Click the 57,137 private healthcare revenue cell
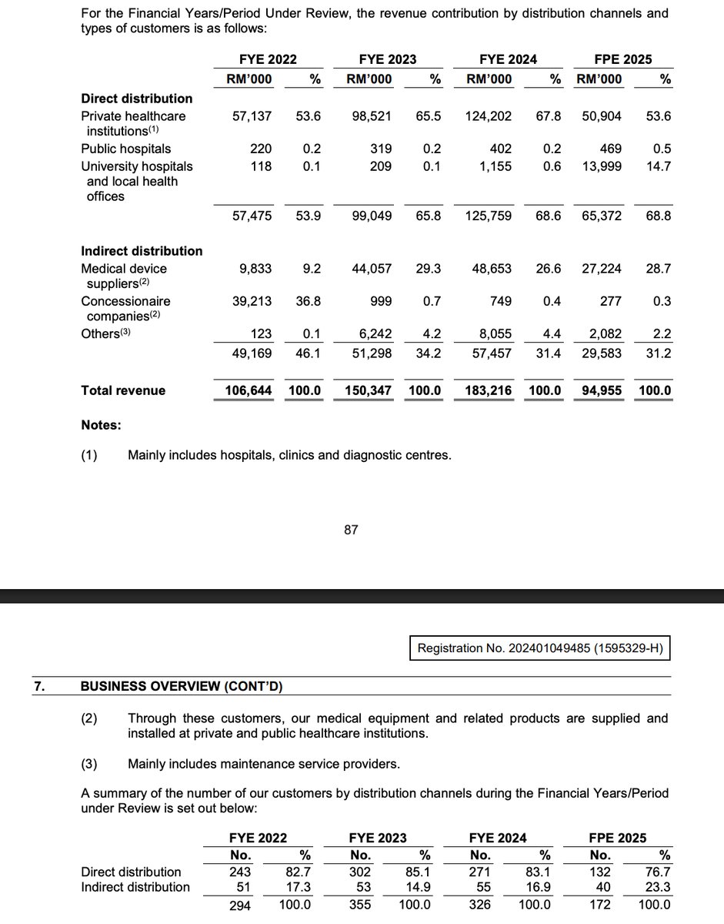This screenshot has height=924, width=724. pos(252,116)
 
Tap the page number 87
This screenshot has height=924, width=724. pos(351,530)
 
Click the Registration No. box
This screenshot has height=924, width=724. pos(540,649)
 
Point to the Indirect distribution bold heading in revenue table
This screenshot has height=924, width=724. pos(142,251)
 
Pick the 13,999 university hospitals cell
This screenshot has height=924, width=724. pos(602,166)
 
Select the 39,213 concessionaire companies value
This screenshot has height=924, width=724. pos(252,301)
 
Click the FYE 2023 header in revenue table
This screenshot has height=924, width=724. pos(388,59)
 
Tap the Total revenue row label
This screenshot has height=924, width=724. pos(123,390)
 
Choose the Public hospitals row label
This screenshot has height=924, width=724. pos(126,149)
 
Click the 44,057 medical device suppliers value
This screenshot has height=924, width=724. pos(372,269)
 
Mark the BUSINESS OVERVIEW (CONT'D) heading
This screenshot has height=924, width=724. pos(186,685)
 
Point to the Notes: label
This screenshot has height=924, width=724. pos(101,425)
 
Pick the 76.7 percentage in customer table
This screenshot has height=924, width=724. pos(658,872)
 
